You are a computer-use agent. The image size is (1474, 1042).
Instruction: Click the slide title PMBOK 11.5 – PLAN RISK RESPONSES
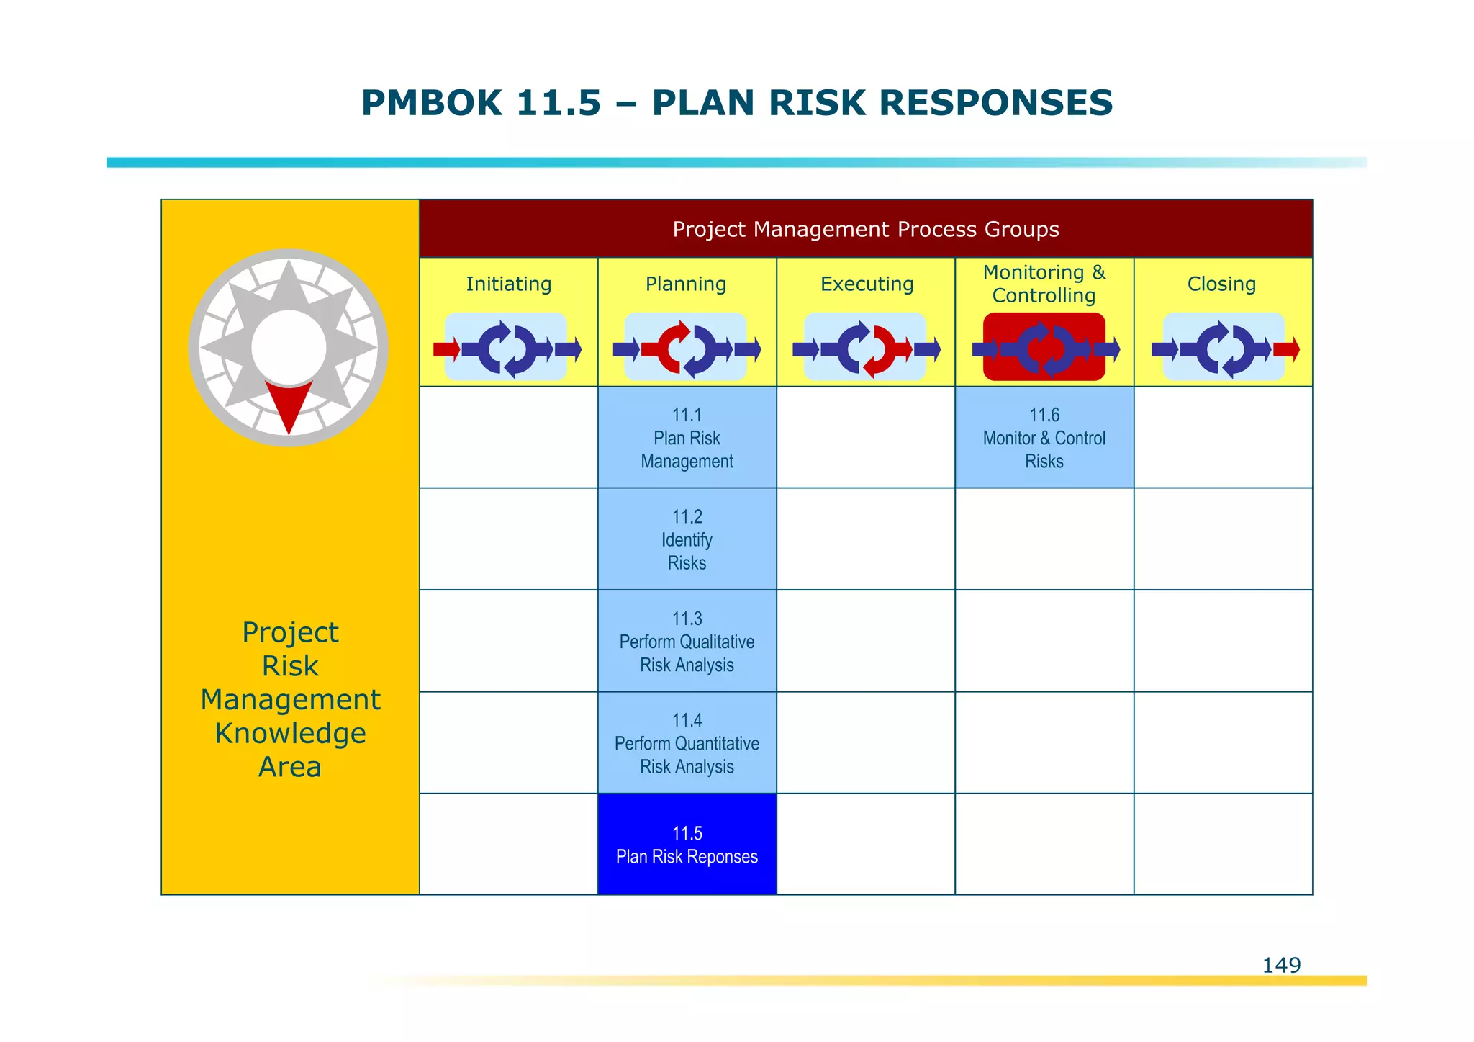click(736, 103)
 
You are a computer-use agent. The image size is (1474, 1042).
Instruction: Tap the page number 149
click(1281, 965)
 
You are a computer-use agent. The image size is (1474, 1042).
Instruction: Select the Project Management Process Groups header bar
click(865, 229)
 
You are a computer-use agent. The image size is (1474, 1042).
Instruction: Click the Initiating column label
click(508, 284)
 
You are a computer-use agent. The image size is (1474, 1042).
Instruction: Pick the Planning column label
click(686, 284)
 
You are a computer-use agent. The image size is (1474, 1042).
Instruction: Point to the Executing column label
click(867, 284)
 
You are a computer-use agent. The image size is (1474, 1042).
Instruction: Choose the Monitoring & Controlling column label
click(1044, 284)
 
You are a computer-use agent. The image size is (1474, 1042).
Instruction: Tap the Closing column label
click(1221, 284)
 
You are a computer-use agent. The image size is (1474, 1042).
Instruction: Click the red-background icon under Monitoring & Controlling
click(1044, 347)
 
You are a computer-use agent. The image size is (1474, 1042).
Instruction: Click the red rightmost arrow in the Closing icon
click(1287, 349)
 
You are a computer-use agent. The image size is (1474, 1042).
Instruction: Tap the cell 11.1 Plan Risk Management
click(687, 438)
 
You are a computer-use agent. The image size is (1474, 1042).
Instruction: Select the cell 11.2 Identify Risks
click(687, 539)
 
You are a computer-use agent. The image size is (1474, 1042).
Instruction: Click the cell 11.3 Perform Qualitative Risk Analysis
click(687, 642)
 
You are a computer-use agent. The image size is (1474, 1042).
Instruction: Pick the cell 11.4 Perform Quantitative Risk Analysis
click(687, 743)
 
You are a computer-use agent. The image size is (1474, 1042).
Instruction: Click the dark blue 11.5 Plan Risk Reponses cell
click(687, 845)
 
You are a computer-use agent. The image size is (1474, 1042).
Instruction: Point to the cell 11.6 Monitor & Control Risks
click(1044, 438)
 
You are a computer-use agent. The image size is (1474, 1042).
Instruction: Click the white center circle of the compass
click(289, 348)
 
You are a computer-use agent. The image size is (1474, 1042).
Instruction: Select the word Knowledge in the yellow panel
click(290, 733)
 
